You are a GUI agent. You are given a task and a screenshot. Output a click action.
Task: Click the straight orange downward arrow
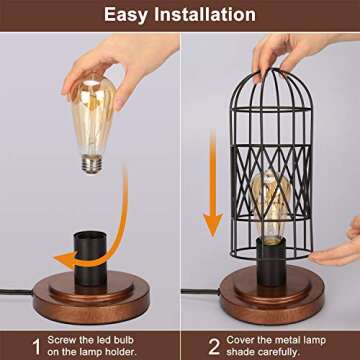[212, 180]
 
